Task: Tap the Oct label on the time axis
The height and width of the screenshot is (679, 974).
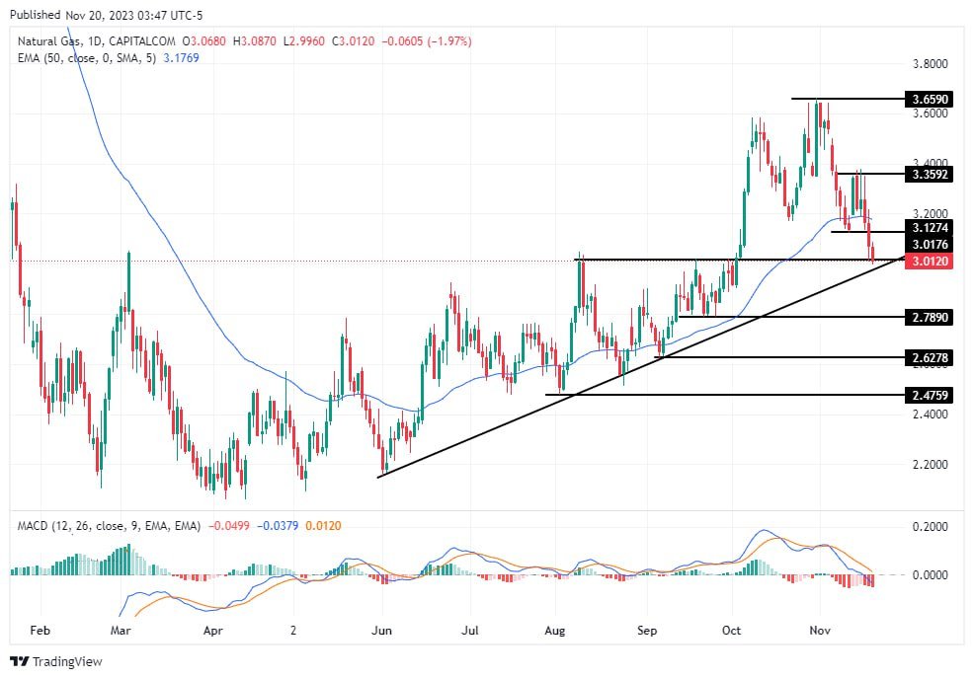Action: pos(732,628)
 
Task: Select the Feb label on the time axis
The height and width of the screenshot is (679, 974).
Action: pos(40,628)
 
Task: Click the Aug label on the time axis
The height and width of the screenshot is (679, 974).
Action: pos(554,628)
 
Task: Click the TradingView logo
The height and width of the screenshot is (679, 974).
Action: pos(56,661)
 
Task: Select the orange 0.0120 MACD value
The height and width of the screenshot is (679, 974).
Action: pos(323,526)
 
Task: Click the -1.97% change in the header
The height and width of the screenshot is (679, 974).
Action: pos(449,40)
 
